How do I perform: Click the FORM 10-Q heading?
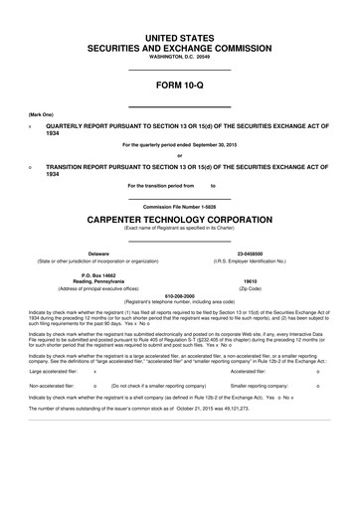(180, 85)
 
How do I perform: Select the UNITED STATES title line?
(180, 37)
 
